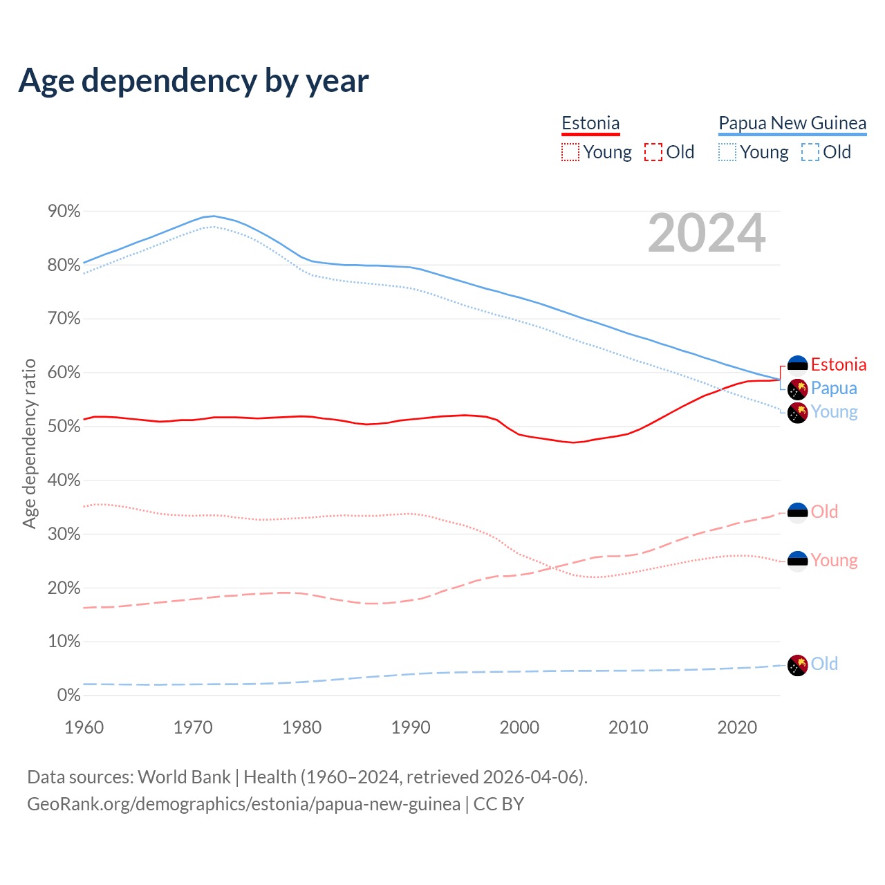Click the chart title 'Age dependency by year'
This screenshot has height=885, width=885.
[194, 80]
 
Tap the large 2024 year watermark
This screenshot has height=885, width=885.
[707, 233]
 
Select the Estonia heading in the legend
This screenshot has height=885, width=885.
[590, 123]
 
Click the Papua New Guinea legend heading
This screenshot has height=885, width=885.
[792, 123]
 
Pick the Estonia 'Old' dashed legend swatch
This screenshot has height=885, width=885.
[653, 152]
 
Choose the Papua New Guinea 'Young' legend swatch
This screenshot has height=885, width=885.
[727, 152]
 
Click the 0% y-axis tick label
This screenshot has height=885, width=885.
[68, 696]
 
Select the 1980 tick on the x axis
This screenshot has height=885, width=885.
[302, 727]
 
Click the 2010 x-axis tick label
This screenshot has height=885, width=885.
[628, 727]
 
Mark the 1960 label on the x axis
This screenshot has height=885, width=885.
[84, 727]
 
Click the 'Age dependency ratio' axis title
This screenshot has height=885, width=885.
[29, 443]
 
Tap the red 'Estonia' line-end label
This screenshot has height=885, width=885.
[839, 365]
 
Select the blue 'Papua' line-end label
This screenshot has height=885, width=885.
[834, 389]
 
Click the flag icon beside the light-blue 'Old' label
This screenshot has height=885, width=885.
[798, 665]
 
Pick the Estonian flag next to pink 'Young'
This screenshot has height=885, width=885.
[798, 561]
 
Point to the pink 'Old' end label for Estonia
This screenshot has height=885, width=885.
[824, 512]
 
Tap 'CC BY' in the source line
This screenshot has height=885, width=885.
[499, 805]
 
